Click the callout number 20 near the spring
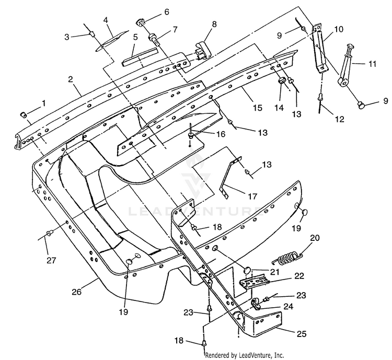click(x=315, y=238)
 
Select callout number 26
click(x=76, y=292)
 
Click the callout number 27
click(x=51, y=261)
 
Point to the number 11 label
click(x=372, y=64)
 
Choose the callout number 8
click(x=214, y=24)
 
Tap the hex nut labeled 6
click(x=141, y=24)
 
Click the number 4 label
click(x=106, y=20)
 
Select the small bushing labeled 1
click(x=23, y=115)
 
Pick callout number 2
click(x=71, y=79)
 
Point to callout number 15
click(x=257, y=108)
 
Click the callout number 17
click(x=252, y=196)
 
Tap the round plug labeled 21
click(x=248, y=271)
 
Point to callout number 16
click(x=221, y=134)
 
